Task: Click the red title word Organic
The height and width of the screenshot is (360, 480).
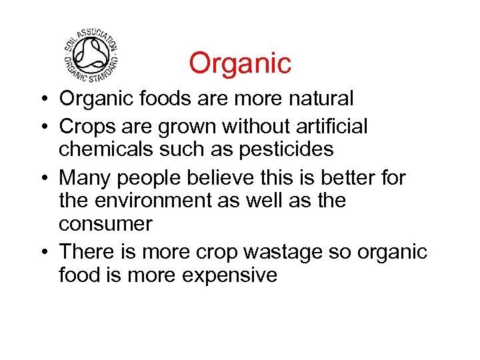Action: coord(240,63)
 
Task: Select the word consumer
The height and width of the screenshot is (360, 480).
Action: coord(105,225)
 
